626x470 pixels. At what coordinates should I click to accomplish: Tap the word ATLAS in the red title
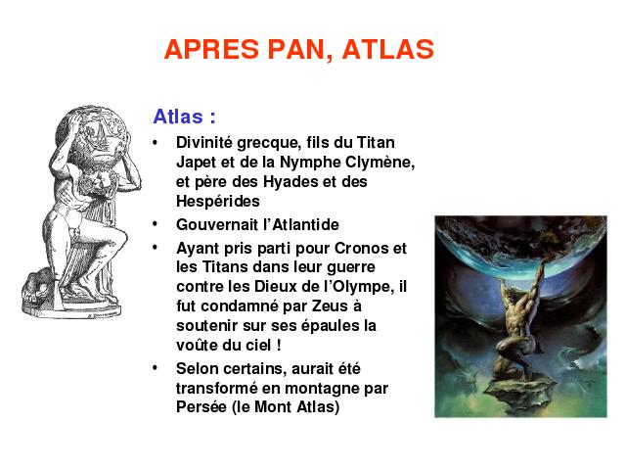pyautogui.click(x=388, y=50)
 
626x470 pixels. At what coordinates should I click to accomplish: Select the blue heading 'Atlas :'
pyautogui.click(x=185, y=117)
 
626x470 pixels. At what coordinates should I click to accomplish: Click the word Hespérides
pyautogui.click(x=218, y=201)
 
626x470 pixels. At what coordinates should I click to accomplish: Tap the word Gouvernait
pyautogui.click(x=217, y=224)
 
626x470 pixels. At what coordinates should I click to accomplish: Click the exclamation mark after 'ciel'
pyautogui.click(x=279, y=345)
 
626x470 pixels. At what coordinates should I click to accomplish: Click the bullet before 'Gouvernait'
pyautogui.click(x=155, y=224)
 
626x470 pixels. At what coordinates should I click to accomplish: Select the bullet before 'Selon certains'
pyautogui.click(x=155, y=368)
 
